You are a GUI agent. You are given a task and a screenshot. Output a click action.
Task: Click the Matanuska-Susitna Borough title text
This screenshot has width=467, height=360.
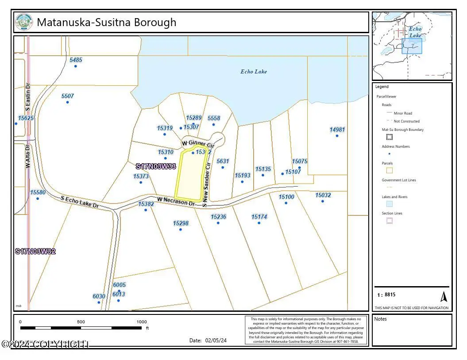coord(106,22)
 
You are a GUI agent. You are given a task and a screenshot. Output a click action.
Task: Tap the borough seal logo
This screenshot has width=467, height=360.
coord(24,22)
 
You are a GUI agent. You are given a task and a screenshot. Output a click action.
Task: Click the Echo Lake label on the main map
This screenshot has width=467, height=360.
coord(254,72)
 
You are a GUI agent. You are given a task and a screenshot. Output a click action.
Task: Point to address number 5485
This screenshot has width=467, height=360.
coord(76,60)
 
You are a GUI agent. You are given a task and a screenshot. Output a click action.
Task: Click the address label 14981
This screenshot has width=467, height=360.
coord(337,130)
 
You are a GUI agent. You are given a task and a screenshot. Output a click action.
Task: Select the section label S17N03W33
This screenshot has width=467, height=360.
coord(156,167)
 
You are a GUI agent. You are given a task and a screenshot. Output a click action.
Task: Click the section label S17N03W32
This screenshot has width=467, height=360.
coord(35,252)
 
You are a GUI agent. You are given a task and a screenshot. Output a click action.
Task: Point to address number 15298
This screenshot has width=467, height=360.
coord(181,224)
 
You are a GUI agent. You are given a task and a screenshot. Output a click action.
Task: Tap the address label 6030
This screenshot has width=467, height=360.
coord(99,296)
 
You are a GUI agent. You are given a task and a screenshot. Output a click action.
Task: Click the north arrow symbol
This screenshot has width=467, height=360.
coord(444,296)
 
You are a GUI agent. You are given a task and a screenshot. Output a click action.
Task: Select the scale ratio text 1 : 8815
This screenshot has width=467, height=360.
coord(386,295)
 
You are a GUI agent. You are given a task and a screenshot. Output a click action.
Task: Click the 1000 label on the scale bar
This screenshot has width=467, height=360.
coord(141,322)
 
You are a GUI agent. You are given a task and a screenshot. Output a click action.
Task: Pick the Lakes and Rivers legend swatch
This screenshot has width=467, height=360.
coord(390,204)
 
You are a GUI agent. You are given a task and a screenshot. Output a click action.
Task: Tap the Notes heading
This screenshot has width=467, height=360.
coord(381,319)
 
